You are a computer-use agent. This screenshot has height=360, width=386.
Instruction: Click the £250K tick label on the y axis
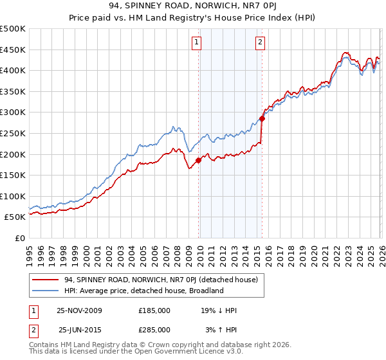[13, 133]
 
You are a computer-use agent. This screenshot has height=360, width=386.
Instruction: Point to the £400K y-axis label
[13, 70]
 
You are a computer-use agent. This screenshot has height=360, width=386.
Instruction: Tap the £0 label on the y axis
[20, 238]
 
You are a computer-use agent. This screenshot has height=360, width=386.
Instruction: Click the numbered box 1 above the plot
[196, 43]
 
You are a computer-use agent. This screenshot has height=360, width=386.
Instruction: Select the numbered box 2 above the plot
[260, 43]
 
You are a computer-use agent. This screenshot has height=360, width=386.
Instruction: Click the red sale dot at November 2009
[198, 161]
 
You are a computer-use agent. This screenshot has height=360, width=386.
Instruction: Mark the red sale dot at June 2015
[262, 118]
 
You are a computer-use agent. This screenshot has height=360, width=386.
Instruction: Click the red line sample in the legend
[46, 280]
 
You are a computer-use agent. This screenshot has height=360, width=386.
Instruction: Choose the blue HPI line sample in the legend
[46, 291]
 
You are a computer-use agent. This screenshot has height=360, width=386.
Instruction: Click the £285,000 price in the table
[154, 330]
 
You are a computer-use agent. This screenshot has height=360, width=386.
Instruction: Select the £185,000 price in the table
[154, 310]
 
